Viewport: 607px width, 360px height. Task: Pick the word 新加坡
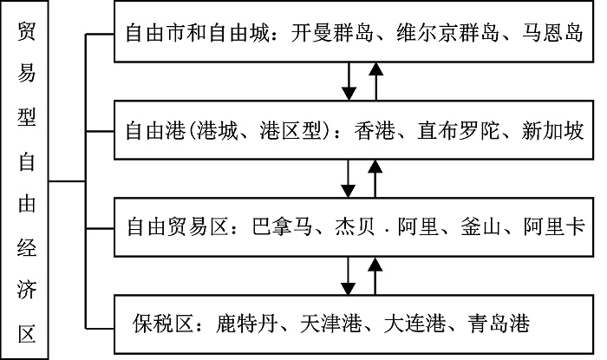pyautogui.click(x=554, y=133)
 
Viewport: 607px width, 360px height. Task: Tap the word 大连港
pyautogui.click(x=410, y=324)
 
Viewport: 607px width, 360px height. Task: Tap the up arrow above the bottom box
pyautogui.click(x=375, y=273)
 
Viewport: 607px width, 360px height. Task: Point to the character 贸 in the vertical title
pyautogui.click(x=26, y=35)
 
